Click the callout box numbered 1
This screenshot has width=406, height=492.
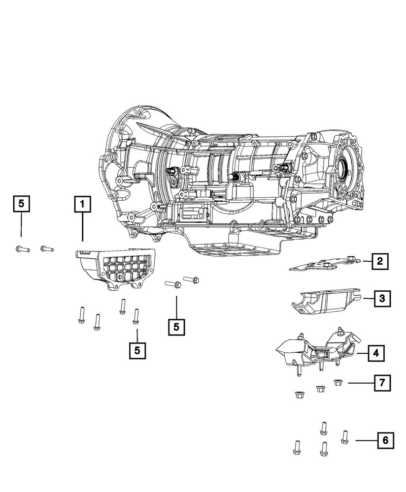[x=82, y=203]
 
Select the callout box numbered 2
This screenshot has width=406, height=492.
[x=379, y=261]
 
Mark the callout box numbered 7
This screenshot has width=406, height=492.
[x=382, y=382]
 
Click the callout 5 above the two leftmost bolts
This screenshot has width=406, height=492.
[x=21, y=203]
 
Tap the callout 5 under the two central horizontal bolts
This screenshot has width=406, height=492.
[x=176, y=327]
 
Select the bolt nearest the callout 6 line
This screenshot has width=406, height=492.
[x=345, y=436]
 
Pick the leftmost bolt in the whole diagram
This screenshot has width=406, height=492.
[x=22, y=249]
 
